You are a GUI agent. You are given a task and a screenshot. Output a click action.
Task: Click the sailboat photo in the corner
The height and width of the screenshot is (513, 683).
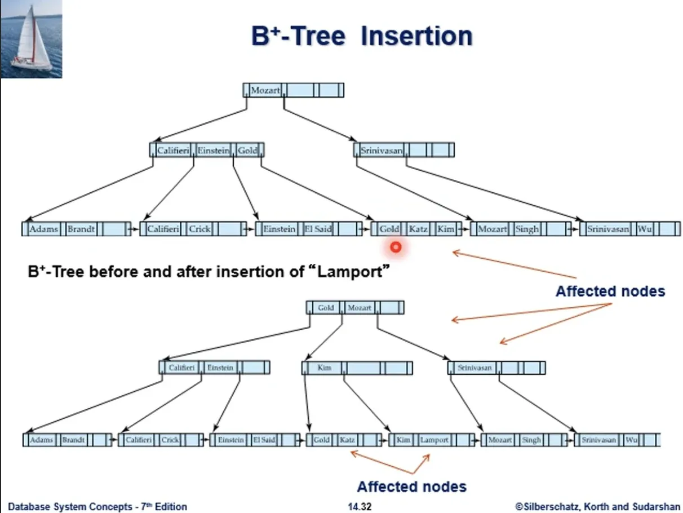(x=32, y=38)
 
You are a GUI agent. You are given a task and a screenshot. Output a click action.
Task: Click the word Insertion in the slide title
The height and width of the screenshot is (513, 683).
(x=416, y=36)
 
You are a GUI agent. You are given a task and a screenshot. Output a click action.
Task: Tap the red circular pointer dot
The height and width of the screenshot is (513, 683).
(x=396, y=247)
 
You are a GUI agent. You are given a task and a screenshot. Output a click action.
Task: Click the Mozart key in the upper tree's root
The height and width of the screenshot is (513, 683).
(x=265, y=90)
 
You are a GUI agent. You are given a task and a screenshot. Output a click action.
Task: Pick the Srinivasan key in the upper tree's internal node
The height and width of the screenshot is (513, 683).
(x=381, y=151)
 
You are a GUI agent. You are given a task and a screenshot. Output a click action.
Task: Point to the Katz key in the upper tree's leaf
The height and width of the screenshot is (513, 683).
(x=418, y=229)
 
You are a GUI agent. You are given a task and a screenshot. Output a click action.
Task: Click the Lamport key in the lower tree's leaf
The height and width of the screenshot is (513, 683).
(x=434, y=440)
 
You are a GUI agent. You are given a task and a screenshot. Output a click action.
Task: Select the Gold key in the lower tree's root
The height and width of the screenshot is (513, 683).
(x=326, y=308)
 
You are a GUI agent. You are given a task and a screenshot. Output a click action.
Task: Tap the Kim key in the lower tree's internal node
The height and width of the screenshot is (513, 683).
(x=324, y=368)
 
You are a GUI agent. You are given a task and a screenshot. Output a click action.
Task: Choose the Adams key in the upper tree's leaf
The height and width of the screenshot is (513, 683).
(x=43, y=229)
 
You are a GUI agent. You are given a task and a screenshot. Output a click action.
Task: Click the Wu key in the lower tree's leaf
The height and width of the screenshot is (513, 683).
(x=631, y=440)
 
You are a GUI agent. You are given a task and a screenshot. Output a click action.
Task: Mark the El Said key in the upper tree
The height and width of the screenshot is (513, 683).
(x=318, y=229)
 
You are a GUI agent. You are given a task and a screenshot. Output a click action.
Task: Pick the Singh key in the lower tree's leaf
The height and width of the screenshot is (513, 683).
(x=531, y=440)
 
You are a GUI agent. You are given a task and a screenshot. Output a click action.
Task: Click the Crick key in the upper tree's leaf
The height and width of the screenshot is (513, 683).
(x=199, y=229)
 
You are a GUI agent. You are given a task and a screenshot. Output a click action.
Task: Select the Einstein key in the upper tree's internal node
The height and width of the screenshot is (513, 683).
(x=214, y=151)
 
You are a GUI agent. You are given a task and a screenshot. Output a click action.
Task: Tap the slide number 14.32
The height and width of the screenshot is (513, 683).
(x=360, y=507)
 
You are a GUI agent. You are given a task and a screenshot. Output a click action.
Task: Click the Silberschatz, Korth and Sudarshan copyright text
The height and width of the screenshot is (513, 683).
(x=597, y=507)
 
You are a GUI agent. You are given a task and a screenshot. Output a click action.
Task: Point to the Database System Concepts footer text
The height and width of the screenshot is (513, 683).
(x=97, y=507)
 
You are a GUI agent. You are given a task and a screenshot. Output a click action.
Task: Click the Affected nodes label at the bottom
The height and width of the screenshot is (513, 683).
(x=412, y=487)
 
